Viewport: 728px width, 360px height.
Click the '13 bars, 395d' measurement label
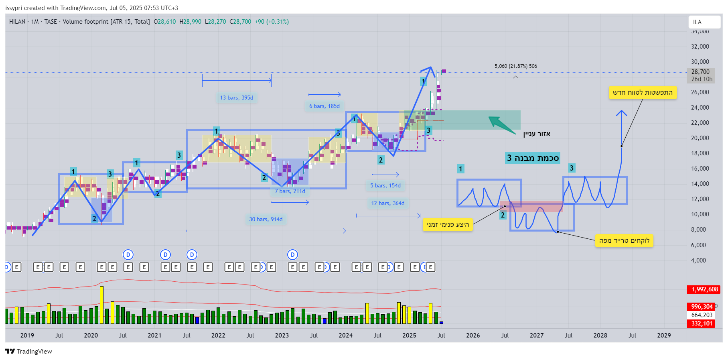click(237, 98)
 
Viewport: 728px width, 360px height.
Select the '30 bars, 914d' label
click(266, 219)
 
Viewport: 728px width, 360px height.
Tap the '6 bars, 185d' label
click(324, 106)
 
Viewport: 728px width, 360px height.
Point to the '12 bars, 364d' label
click(387, 203)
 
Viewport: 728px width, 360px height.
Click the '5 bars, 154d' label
click(385, 185)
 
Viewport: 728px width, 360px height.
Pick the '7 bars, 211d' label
click(290, 191)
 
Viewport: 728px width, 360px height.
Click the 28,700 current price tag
click(700, 72)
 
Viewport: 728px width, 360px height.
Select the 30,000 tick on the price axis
click(700, 62)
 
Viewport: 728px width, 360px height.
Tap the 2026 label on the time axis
click(473, 336)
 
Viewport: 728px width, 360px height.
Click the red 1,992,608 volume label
click(704, 289)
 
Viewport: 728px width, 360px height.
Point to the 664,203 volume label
click(702, 315)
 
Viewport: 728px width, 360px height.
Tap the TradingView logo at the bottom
click(28, 351)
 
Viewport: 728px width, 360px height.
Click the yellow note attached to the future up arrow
click(643, 92)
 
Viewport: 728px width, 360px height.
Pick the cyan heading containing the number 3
click(532, 158)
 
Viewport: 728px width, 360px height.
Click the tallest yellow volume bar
click(101, 305)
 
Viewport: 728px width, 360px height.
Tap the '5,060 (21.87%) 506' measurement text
click(515, 66)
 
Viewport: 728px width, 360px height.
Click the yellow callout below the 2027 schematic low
click(624, 240)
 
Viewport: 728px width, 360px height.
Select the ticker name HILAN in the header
click(17, 22)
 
